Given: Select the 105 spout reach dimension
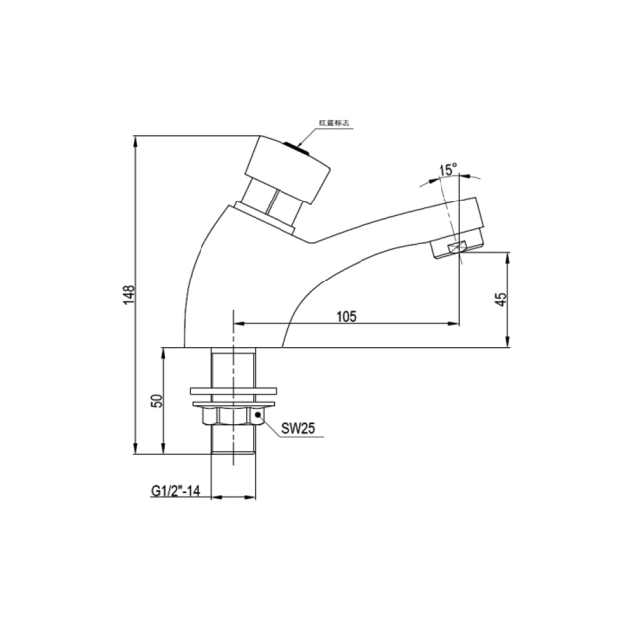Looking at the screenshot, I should pyautogui.click(x=346, y=316).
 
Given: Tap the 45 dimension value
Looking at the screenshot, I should pyautogui.click(x=501, y=298).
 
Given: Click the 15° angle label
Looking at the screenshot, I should pyautogui.click(x=447, y=170).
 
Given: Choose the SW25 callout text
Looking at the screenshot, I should pyautogui.click(x=297, y=430).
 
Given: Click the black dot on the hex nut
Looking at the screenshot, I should pyautogui.click(x=258, y=417).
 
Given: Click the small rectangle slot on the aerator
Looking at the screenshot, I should pyautogui.click(x=455, y=248).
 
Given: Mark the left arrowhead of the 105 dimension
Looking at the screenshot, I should pyautogui.click(x=237, y=324).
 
